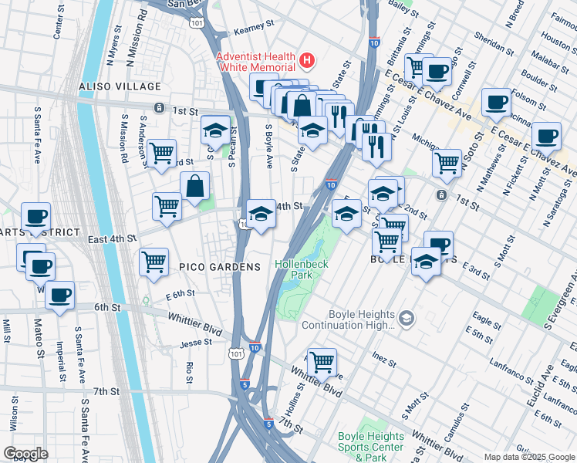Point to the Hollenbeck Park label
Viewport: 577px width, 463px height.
coord(302,269)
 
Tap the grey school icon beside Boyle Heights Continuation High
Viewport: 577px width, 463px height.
coord(407,318)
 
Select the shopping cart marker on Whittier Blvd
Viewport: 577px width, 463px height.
coord(322,361)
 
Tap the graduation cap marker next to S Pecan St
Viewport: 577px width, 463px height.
coord(215,129)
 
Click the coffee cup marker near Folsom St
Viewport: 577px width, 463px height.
coord(495,101)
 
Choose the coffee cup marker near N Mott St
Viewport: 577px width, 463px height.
coord(545,135)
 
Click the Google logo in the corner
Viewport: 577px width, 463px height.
coord(25,454)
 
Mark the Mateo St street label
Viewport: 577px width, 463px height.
coord(37,336)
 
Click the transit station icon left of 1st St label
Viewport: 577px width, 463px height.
coord(158,107)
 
